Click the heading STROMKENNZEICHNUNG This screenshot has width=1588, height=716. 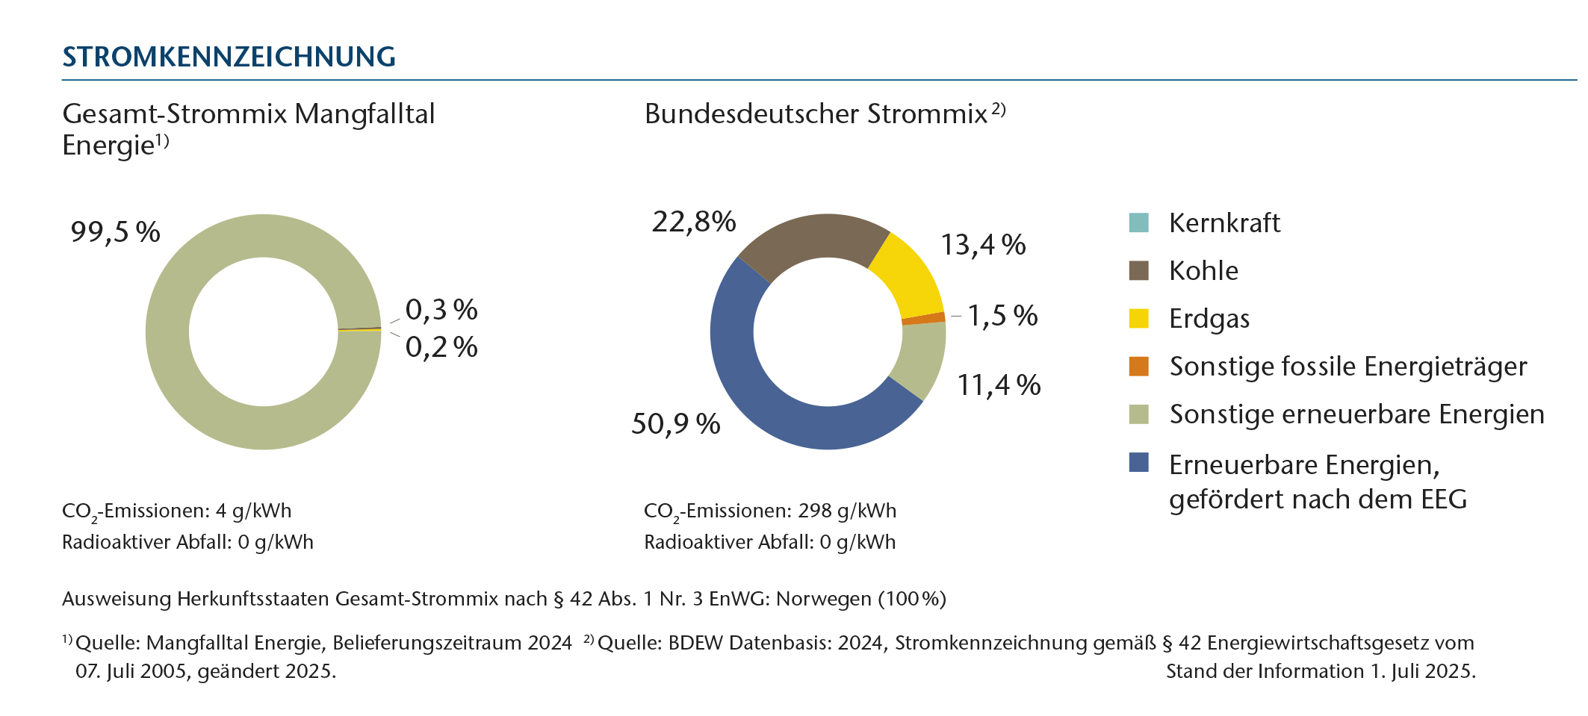(x=229, y=57)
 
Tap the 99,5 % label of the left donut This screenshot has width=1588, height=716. (x=115, y=232)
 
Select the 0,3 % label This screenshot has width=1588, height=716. (x=441, y=310)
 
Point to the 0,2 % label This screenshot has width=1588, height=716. (x=441, y=347)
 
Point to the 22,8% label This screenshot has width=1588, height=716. (x=694, y=222)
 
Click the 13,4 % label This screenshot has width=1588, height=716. (x=983, y=245)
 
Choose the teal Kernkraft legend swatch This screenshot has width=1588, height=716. (x=1138, y=222)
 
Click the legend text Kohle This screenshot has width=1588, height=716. (x=1203, y=271)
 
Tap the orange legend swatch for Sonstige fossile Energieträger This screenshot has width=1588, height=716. (x=1138, y=367)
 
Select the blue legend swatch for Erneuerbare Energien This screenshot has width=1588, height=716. (x=1138, y=462)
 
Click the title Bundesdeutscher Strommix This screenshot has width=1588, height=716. (x=816, y=114)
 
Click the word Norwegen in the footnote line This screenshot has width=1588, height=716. (x=824, y=600)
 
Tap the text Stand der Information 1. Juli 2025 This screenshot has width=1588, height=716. (x=1320, y=671)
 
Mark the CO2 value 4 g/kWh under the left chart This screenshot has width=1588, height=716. (x=253, y=511)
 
